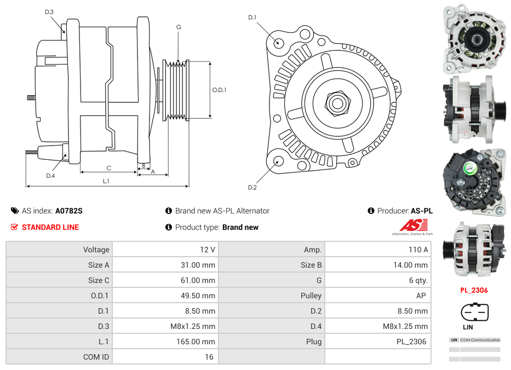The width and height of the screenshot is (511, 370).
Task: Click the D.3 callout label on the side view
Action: click(x=49, y=12)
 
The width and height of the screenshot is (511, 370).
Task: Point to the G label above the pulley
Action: click(x=179, y=27)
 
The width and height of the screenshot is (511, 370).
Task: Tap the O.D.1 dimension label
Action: click(x=219, y=90)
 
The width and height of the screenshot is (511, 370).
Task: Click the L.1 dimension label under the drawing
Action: click(x=106, y=181)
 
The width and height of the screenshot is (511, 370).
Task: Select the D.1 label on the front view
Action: click(x=252, y=18)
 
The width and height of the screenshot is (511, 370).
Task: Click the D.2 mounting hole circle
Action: click(x=278, y=161)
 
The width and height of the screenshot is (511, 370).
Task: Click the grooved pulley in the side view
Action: click(x=177, y=90)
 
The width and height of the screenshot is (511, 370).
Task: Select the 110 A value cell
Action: click(x=378, y=250)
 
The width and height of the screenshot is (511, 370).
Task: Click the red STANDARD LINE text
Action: click(x=50, y=227)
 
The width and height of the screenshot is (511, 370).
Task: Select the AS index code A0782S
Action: click(x=68, y=211)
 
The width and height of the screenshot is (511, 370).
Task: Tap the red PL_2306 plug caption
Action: click(x=474, y=291)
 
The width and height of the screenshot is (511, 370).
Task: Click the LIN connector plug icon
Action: click(x=474, y=313)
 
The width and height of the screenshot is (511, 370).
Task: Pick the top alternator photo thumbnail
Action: click(x=474, y=39)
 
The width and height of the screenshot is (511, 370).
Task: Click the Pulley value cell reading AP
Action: click(x=378, y=296)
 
